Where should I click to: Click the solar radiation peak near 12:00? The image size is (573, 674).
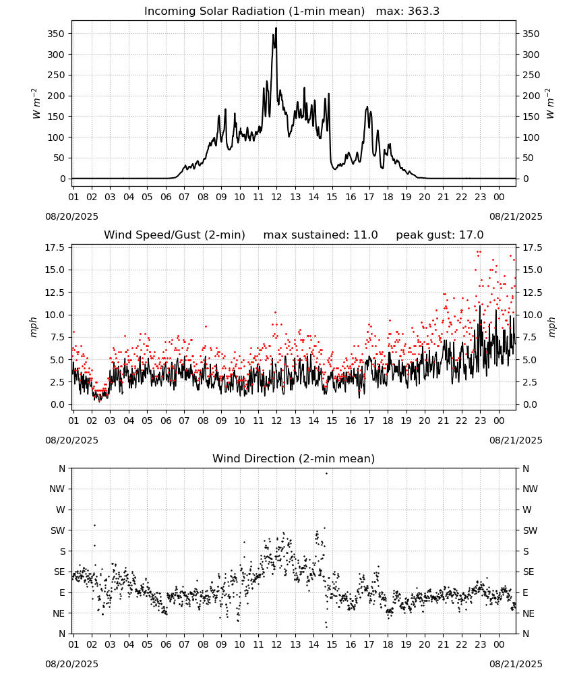(276, 28)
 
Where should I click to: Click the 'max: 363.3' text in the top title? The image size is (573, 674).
(408, 11)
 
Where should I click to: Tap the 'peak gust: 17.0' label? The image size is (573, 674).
(440, 235)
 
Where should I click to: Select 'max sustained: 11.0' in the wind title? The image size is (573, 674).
(321, 235)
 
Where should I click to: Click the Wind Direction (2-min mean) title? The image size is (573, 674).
(294, 458)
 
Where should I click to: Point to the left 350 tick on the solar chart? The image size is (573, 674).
(57, 34)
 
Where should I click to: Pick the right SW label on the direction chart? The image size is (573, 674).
(530, 530)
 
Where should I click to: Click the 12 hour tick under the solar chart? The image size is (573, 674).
(276, 197)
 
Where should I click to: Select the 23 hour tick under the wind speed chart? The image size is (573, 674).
(480, 421)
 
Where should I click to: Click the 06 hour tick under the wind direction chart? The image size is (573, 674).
(166, 644)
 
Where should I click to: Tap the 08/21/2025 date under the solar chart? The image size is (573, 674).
(516, 216)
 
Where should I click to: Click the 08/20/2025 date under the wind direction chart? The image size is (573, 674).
(71, 664)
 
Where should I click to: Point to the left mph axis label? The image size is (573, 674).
(34, 327)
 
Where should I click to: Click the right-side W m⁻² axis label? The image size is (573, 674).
(551, 104)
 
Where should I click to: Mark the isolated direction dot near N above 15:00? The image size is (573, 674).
(326, 473)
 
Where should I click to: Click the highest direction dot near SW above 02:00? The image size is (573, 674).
(94, 525)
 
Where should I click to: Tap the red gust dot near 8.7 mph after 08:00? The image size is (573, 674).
(206, 327)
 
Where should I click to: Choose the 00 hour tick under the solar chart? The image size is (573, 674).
(499, 197)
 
